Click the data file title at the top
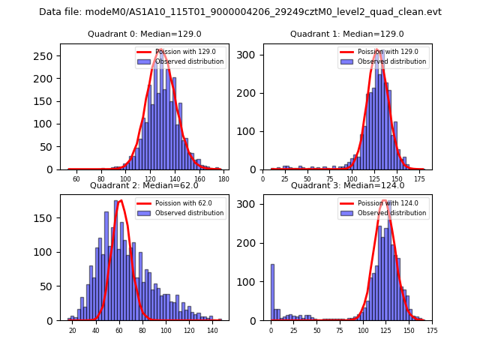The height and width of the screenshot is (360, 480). pos(240,12)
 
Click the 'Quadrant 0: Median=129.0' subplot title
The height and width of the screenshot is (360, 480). pos(144,34)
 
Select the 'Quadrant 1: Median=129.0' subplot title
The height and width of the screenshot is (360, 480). pos(346,34)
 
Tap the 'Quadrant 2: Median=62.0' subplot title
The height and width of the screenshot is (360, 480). pos(144,185)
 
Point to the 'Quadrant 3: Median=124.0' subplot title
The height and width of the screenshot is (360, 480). pos(346,185)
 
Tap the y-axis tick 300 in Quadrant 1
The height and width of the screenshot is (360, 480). pos(250,56)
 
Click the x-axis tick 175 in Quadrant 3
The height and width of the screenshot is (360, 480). pos(431,330)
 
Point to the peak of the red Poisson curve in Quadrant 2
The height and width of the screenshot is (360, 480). pos(121,200)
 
